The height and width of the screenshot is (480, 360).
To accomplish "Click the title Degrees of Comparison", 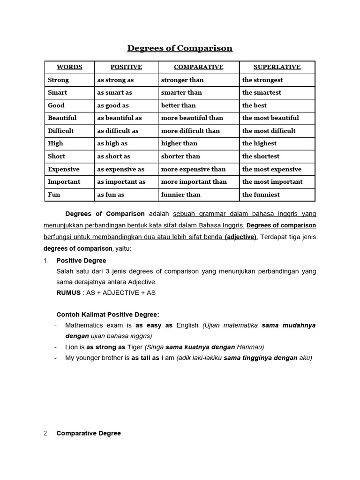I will point(180,48).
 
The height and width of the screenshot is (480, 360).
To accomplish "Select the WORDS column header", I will point(69,67).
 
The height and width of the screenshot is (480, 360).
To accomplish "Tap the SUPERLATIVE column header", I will point(277,67).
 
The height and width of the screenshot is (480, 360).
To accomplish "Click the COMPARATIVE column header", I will point(199,67).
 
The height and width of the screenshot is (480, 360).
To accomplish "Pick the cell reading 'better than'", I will point(179,105).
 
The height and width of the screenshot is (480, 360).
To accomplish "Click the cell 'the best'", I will point(254,105).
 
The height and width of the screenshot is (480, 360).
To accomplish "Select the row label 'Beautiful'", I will point(62,118).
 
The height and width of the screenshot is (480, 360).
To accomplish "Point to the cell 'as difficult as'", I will point(118,131).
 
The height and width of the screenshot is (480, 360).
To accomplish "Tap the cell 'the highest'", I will point(259,143).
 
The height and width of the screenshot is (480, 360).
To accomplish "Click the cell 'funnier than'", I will point(180,195).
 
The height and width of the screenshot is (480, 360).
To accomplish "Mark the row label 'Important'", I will point(64,182).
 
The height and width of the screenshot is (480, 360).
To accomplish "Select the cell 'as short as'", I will point(113,157).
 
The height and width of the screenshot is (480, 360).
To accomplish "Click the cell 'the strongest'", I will point(262,80).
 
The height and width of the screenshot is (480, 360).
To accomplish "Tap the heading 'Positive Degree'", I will point(81,261).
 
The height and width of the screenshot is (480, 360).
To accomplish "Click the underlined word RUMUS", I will point(68,293).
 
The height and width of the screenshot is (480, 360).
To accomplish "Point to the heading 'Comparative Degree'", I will point(89,434).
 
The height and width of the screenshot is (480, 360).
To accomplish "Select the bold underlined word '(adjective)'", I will point(241,237).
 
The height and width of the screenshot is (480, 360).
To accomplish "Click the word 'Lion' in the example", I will point(72,347).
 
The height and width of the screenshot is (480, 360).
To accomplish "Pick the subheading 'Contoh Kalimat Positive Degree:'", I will point(108,315).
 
